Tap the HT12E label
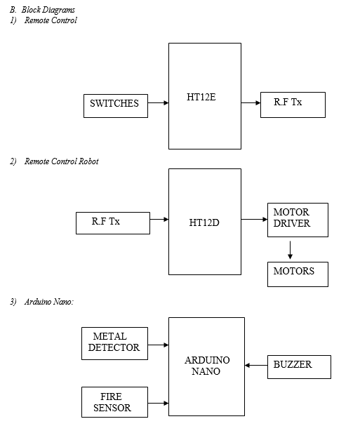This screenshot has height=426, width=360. [201, 97]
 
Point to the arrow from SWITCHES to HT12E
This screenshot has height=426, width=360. [158, 102]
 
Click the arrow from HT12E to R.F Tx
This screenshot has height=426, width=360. [251, 102]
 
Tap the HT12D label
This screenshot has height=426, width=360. [204, 222]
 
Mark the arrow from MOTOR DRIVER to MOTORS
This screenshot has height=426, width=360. [290, 250]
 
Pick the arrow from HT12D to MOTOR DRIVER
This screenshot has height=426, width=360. [254, 219]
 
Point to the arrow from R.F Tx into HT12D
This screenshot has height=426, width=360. [159, 219]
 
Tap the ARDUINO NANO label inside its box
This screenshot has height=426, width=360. [207, 366]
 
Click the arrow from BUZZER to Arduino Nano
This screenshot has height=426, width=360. [256, 366]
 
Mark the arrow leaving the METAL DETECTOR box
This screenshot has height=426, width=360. [158, 345]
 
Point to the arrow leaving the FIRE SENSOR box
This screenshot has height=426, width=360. [158, 404]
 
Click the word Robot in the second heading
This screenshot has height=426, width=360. [88, 161]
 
